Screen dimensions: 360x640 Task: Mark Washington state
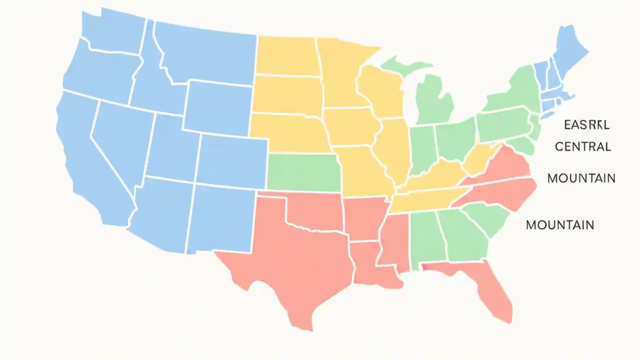tap(112, 30)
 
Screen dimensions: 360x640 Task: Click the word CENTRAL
tap(583, 147)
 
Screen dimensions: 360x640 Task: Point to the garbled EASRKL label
tap(586, 124)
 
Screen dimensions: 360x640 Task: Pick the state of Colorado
tap(232, 160)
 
